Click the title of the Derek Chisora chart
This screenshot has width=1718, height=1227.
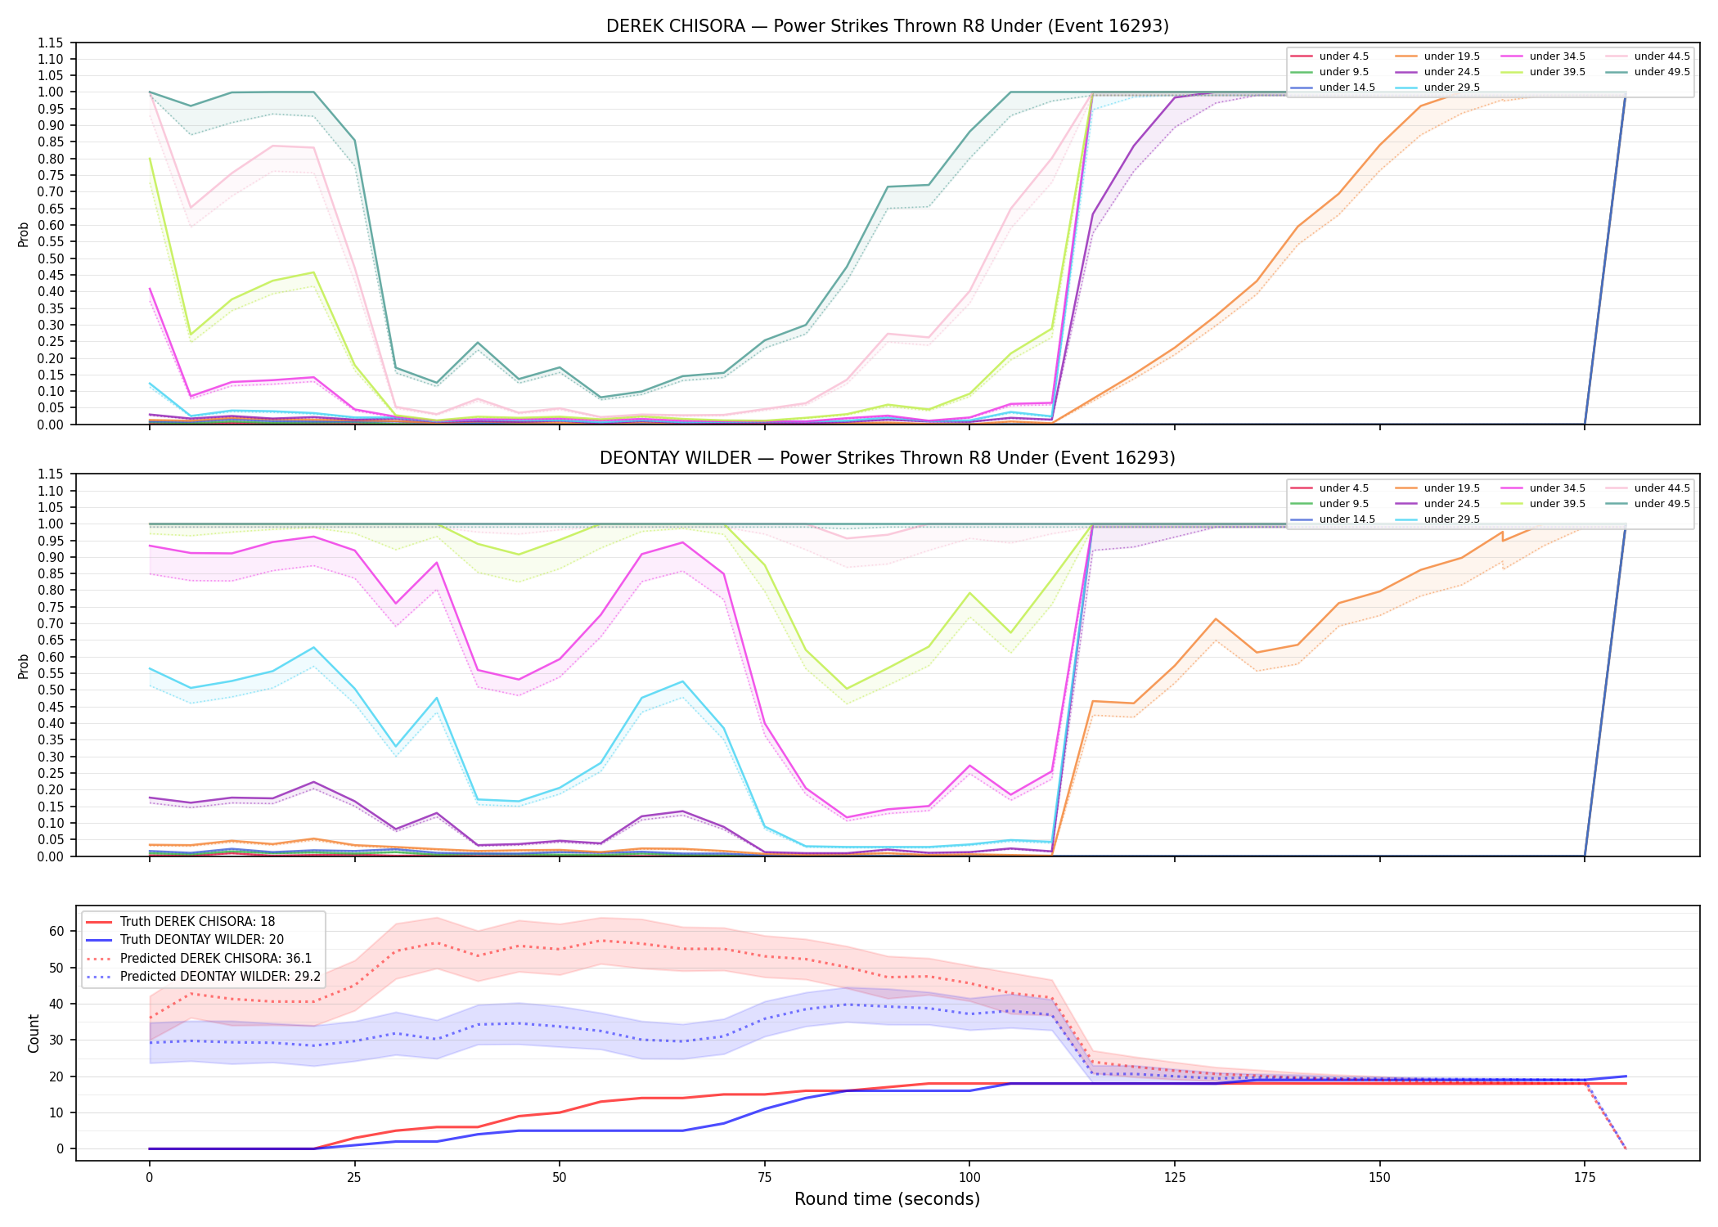(x=888, y=26)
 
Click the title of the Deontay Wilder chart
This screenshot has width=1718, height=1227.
(x=888, y=458)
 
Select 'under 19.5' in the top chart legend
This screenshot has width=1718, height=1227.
(x=1451, y=56)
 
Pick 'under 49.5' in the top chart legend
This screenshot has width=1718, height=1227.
(x=1662, y=72)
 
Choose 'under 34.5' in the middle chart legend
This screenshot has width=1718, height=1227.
(x=1557, y=488)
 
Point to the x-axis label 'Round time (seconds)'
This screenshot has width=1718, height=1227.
(x=887, y=1199)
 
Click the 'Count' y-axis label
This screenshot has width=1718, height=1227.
(x=34, y=1033)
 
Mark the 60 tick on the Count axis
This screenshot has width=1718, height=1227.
(x=56, y=931)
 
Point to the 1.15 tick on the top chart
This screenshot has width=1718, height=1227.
(x=51, y=43)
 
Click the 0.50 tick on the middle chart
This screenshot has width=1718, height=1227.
(x=51, y=690)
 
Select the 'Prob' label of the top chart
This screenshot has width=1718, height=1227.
(x=24, y=234)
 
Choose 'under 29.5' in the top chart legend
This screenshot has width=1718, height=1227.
(x=1451, y=88)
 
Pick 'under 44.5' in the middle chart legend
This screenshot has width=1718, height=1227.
(x=1662, y=488)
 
